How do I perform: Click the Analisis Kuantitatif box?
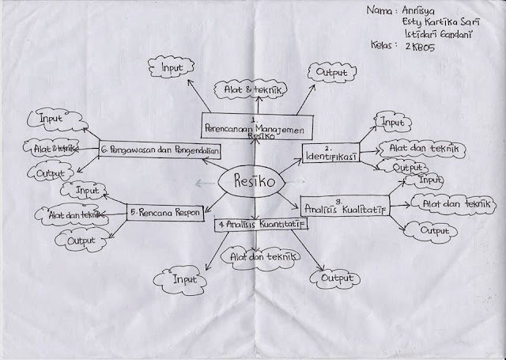[x=262, y=225]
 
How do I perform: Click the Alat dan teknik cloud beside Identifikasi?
[x=413, y=147]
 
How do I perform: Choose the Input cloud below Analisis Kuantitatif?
[x=183, y=279]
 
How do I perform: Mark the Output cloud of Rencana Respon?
[x=81, y=240]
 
